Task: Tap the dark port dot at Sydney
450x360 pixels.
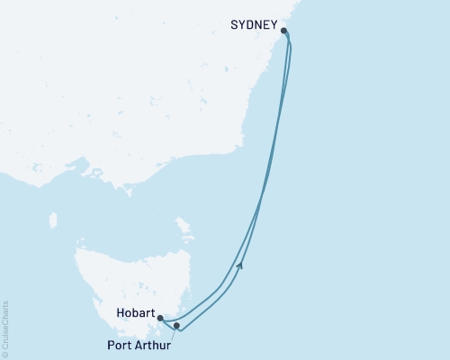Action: [x=284, y=31]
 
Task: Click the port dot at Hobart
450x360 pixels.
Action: [x=159, y=318]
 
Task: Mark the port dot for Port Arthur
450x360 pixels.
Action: [x=177, y=325]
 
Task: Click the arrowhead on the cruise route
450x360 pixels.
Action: [x=239, y=264]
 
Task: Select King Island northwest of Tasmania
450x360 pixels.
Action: [x=52, y=220]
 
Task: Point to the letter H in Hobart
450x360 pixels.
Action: [x=119, y=316]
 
